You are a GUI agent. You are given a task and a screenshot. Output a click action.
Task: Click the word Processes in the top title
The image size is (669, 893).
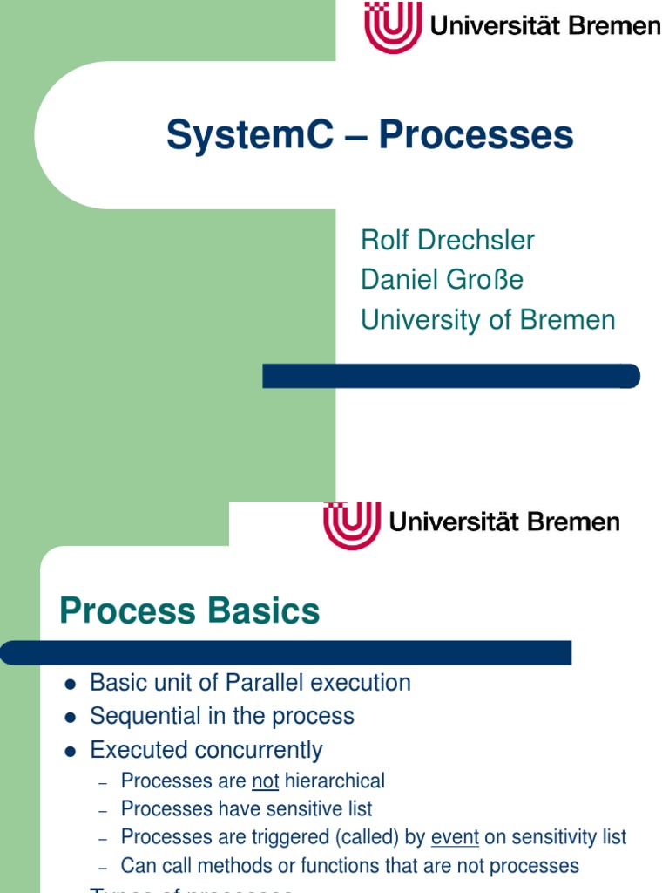tap(476, 136)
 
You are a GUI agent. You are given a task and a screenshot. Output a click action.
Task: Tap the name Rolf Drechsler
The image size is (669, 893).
tap(448, 241)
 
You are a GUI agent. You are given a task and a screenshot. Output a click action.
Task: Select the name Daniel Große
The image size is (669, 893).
tap(442, 280)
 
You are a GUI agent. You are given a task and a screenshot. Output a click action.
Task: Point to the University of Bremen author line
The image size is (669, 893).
tap(488, 320)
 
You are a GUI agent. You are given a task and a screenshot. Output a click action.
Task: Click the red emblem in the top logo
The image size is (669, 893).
tap(392, 27)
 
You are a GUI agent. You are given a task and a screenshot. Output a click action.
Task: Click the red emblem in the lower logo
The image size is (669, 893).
tap(352, 524)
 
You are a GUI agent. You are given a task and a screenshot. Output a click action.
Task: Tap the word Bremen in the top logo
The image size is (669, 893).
tap(615, 26)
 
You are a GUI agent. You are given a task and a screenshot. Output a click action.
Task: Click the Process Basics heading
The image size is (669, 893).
tap(189, 611)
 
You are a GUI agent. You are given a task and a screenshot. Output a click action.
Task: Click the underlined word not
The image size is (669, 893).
tap(265, 781)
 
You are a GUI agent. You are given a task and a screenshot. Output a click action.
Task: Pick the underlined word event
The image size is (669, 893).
tap(455, 837)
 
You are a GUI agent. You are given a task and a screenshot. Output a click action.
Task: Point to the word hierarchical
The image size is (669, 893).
tap(334, 781)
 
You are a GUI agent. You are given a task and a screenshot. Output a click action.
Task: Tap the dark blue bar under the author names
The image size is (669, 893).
tap(451, 377)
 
